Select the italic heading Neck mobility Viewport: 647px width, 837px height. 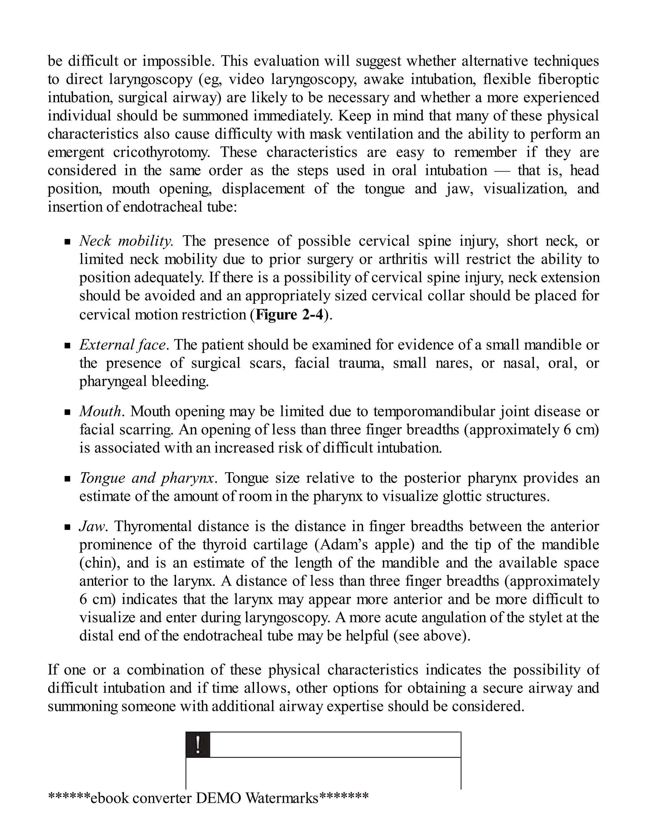point(126,241)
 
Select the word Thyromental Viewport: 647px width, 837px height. point(153,526)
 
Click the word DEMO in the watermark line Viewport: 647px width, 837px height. point(218,798)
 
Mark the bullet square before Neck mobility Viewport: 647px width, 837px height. point(68,242)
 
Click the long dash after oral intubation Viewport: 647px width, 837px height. point(503,171)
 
